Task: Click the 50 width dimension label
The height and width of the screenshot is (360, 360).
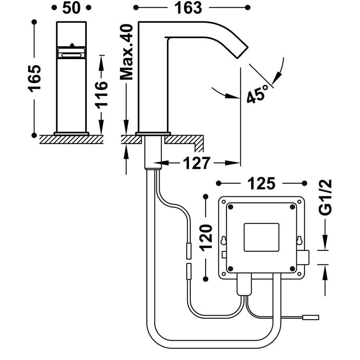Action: pos(71,8)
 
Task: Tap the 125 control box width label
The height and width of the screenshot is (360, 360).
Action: pos(262,184)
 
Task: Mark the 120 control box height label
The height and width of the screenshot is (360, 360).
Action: pos(206,237)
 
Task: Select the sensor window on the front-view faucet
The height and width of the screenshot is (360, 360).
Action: pos(71,53)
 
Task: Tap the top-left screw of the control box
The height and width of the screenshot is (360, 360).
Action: pos(231,206)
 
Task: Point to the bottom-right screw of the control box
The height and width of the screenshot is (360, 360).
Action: pos(292,268)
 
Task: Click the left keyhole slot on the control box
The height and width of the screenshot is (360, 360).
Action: pos(224,241)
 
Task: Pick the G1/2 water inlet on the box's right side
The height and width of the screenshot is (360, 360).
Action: pos(306,257)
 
